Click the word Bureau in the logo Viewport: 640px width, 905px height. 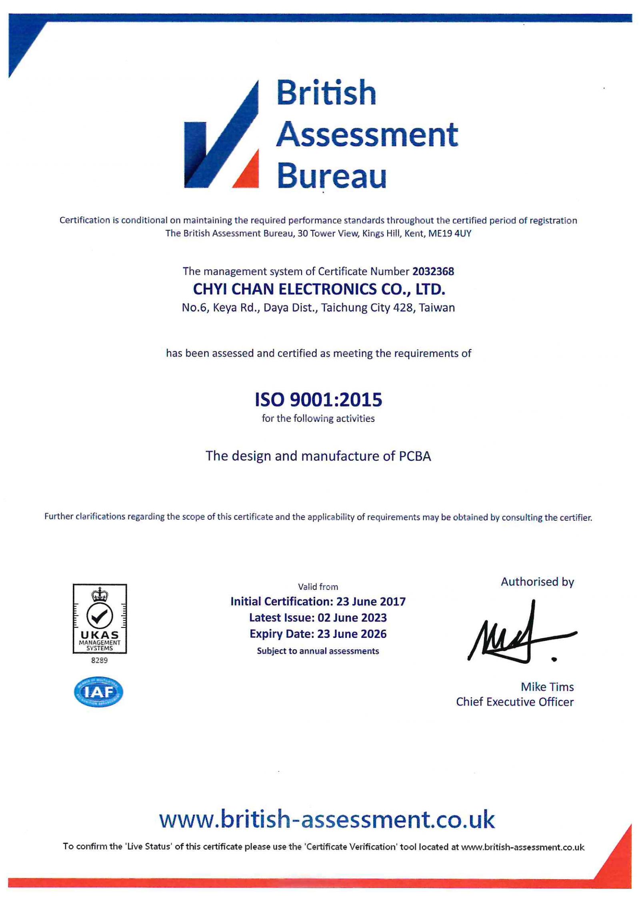(332, 176)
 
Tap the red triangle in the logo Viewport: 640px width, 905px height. (248, 172)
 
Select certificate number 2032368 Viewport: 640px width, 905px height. (433, 272)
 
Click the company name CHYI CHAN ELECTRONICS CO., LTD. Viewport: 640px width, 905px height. (319, 289)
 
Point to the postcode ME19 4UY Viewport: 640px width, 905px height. (450, 234)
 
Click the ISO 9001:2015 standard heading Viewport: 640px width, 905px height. (318, 400)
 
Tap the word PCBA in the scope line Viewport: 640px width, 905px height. (415, 456)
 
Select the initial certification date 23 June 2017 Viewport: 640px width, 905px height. (371, 602)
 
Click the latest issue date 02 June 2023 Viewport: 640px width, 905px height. (352, 618)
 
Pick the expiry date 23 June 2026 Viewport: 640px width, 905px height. (352, 634)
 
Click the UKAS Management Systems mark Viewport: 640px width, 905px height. (100, 618)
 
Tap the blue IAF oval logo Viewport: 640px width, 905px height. (99, 692)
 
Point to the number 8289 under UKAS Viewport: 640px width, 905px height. (99, 660)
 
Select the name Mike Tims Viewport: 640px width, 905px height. (547, 687)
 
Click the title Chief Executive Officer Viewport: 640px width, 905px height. (514, 702)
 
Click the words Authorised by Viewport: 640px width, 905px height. (537, 582)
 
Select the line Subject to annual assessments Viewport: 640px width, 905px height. (318, 651)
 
